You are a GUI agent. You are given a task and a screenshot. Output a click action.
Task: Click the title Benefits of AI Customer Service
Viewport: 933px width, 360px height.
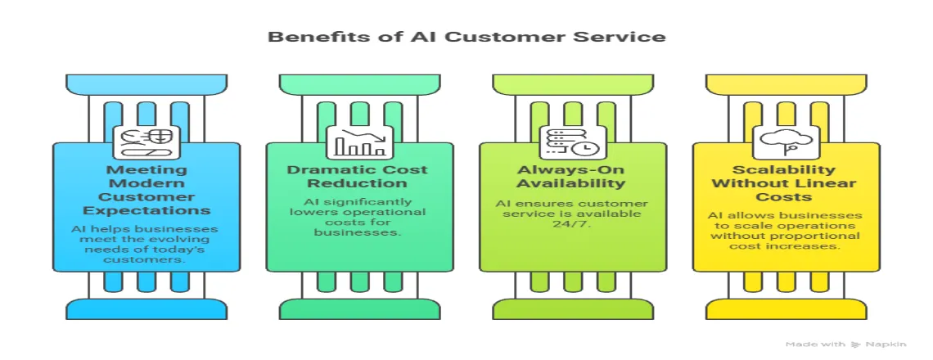point(466,37)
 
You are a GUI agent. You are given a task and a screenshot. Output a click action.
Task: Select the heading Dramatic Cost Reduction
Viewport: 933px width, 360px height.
point(359,176)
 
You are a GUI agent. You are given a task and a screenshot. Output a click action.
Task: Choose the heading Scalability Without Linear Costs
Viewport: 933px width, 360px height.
point(784,182)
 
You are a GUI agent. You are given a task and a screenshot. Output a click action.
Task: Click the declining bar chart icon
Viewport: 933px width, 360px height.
point(359,142)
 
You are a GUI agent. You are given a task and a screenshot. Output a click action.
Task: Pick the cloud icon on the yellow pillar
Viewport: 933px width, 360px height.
point(784,142)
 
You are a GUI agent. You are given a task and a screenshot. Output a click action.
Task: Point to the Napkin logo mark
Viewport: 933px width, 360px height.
point(856,344)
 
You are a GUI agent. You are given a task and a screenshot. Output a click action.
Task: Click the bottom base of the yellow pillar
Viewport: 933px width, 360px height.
point(784,308)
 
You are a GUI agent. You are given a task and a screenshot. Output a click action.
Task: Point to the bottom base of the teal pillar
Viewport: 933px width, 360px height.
point(359,308)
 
